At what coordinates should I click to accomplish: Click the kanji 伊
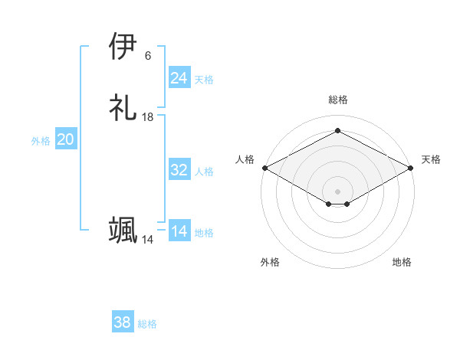point(123,47)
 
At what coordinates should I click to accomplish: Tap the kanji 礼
point(123,108)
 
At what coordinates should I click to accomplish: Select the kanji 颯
point(123,231)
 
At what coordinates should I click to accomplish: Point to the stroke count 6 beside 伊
point(148,56)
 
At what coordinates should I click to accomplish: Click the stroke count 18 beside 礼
point(148,117)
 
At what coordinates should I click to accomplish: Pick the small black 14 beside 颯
point(148,240)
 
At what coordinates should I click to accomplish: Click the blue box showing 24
point(179,78)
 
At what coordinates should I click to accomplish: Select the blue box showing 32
point(179,170)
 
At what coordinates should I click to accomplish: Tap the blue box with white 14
point(179,231)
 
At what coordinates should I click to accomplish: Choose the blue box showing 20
point(66,139)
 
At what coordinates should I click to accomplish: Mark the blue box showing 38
point(123,322)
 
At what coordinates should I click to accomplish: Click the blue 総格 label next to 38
point(147,324)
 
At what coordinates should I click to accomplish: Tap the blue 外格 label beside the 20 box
point(41,141)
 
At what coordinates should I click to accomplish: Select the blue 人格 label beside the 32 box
point(205,172)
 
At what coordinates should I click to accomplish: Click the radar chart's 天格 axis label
point(432,159)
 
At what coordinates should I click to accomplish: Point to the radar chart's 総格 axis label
point(338,100)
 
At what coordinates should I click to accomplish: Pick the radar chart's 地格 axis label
point(402,262)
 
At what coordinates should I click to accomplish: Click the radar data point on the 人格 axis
point(264,167)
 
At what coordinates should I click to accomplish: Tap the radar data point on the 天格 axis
point(412,167)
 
